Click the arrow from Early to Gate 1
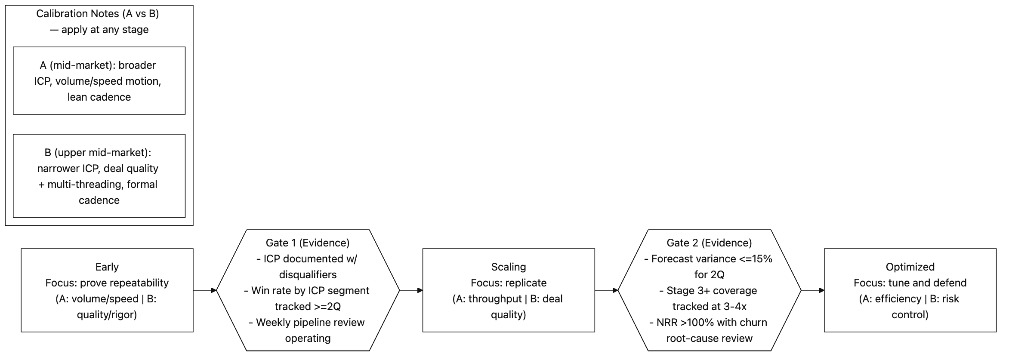tap(204, 290)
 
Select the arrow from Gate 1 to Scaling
tap(411, 290)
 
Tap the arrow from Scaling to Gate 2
tap(606, 290)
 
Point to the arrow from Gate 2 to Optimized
tap(812, 290)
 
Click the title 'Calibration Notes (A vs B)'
tap(98, 14)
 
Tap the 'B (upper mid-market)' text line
tap(98, 153)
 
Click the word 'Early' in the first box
tap(107, 267)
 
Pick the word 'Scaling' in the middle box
tap(508, 267)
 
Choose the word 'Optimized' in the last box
tap(910, 267)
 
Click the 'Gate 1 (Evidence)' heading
tap(307, 243)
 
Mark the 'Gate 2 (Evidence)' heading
tap(709, 243)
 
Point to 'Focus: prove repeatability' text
tap(107, 283)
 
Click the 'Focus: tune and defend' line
tap(910, 283)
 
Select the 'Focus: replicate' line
tap(508, 283)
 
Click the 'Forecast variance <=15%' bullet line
tap(709, 259)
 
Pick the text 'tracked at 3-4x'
tap(709, 307)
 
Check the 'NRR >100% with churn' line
tap(709, 323)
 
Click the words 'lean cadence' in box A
tap(99, 97)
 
